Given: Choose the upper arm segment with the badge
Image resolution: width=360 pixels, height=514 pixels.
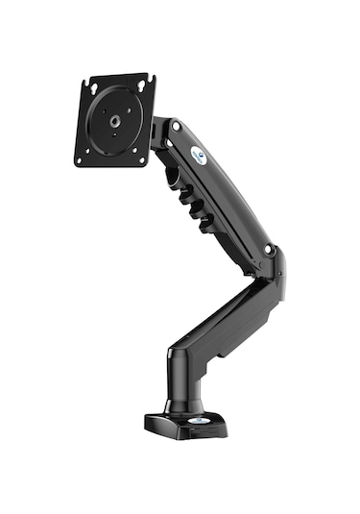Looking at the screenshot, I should click(x=216, y=187).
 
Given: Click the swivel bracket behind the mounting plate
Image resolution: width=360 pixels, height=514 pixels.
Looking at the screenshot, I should click(x=158, y=130).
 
